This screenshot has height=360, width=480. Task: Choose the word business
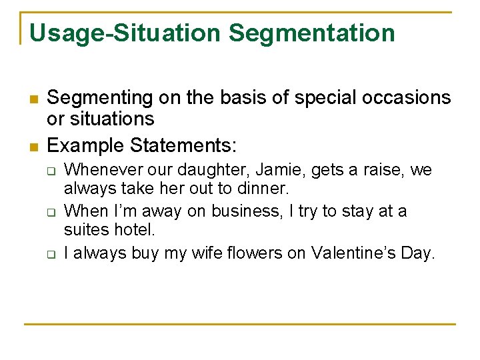(243, 211)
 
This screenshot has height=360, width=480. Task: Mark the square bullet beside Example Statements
(32, 146)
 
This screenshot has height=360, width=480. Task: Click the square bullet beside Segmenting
(32, 99)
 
